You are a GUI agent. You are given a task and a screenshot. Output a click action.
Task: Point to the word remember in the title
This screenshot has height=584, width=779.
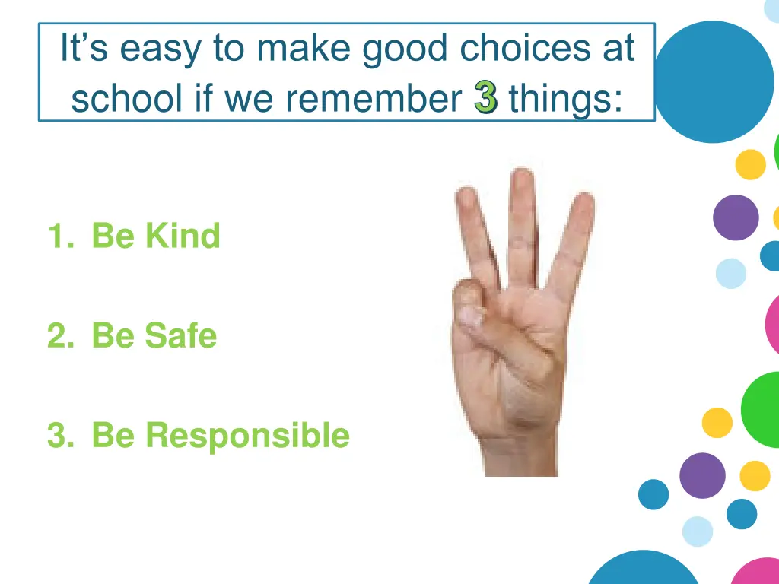coord(380,99)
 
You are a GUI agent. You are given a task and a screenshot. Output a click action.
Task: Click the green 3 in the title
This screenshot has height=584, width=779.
coord(485,99)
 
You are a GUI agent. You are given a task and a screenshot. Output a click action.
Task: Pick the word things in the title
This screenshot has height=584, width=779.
coord(565,99)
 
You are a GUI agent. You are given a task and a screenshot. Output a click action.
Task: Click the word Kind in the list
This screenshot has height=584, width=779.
coord(183,236)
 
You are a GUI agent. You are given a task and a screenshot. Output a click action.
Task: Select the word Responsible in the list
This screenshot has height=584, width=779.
coord(247,436)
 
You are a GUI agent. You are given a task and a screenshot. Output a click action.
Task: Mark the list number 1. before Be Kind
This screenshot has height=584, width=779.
coord(59,236)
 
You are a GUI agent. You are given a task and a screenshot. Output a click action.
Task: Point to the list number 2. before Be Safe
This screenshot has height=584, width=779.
coord(59,336)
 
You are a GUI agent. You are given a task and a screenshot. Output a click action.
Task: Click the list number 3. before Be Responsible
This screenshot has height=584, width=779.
coord(59,436)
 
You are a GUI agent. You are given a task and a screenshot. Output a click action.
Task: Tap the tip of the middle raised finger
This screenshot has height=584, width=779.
coord(522,178)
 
